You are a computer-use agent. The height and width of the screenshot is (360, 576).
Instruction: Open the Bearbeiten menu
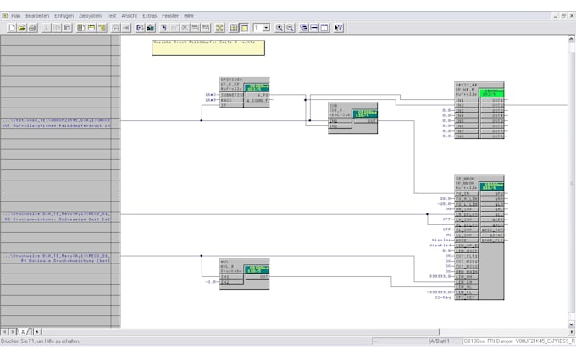37,15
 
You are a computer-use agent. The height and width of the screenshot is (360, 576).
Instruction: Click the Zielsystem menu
89,15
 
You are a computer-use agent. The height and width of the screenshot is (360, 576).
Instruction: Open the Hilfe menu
188,15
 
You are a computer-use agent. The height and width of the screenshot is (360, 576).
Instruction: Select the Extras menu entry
150,15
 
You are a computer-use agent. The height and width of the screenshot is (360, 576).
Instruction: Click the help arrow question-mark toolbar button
339,28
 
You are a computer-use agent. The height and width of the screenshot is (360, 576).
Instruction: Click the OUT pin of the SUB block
371,121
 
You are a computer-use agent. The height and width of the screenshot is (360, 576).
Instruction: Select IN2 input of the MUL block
225,282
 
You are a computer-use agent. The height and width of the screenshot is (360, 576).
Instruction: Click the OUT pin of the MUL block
263,277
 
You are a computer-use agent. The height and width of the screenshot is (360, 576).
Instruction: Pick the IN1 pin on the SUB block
334,121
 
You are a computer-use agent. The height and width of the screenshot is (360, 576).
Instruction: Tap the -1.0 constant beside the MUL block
211,282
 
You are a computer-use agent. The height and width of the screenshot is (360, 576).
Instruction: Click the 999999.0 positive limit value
441,276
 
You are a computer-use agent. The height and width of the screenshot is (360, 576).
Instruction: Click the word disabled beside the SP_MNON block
441,246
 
